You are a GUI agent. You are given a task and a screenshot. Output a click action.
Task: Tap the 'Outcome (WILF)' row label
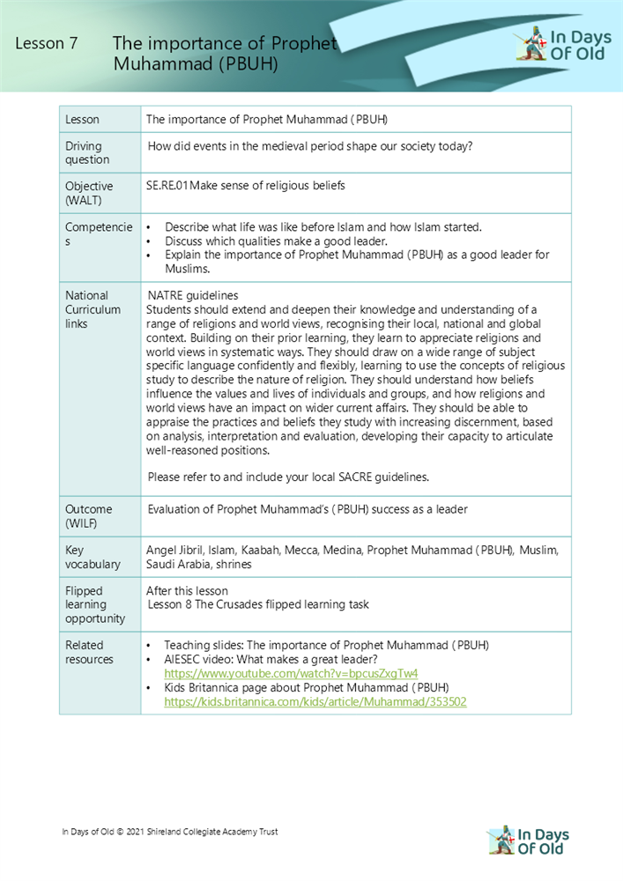point(88,516)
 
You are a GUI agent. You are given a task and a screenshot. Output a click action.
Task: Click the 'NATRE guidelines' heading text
point(192,295)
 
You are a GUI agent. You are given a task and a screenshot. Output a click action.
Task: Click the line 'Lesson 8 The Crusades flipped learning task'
point(257,604)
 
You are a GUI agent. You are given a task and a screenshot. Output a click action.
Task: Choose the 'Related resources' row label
point(89,652)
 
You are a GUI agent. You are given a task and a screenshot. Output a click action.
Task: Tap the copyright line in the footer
point(169,832)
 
